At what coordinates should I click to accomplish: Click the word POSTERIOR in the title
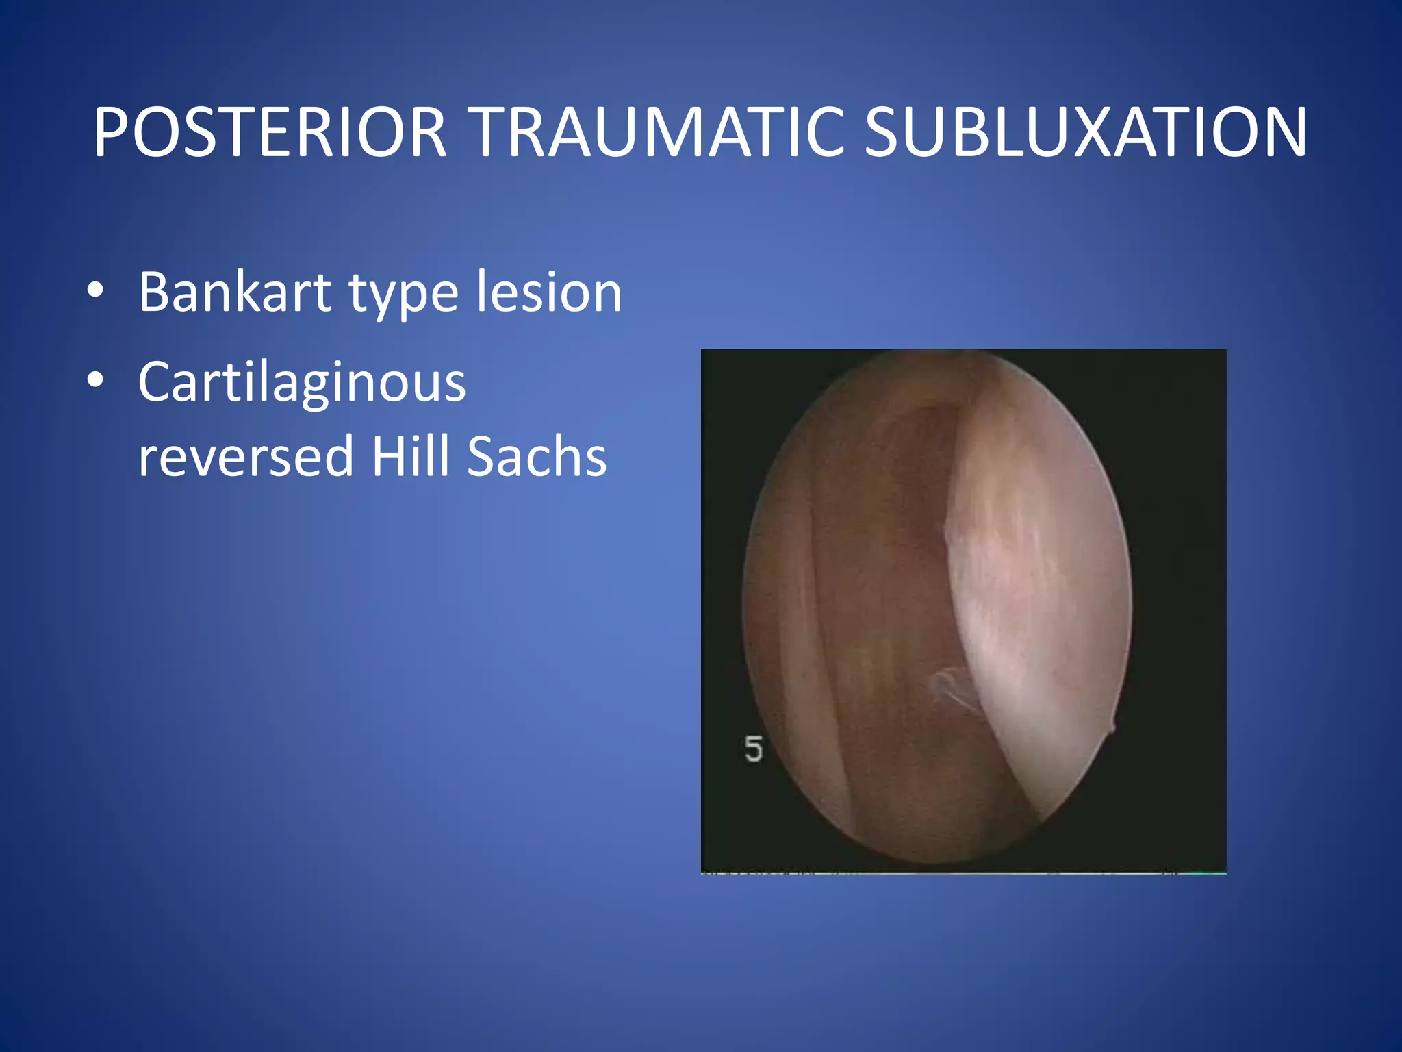point(270,133)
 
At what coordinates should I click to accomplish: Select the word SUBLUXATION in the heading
point(1086,133)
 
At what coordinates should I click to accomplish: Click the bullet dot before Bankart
point(95,291)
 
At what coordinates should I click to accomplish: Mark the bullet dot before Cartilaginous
point(95,380)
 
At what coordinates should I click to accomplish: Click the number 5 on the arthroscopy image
point(753,749)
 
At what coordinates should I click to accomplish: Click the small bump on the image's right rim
point(1110,727)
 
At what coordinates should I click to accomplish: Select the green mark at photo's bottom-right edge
point(1208,873)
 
